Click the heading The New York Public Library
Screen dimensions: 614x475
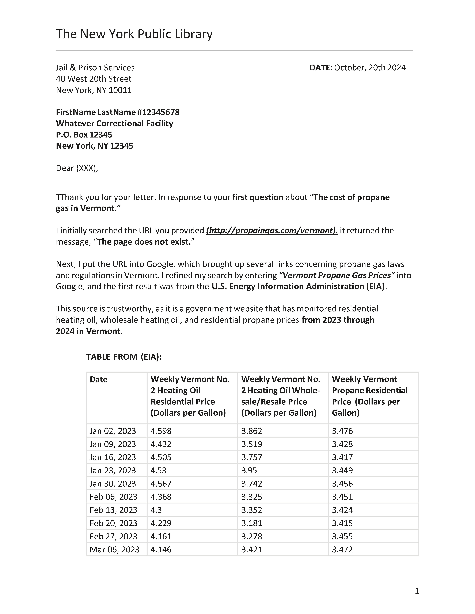134,34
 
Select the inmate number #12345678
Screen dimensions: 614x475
158,112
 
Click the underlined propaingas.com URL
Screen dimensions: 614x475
272,231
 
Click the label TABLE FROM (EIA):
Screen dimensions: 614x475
124,357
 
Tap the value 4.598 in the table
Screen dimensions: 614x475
161,431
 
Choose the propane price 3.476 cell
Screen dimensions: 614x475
342,431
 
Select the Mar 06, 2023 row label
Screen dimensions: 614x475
115,550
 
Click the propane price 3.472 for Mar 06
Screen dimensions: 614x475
342,550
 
